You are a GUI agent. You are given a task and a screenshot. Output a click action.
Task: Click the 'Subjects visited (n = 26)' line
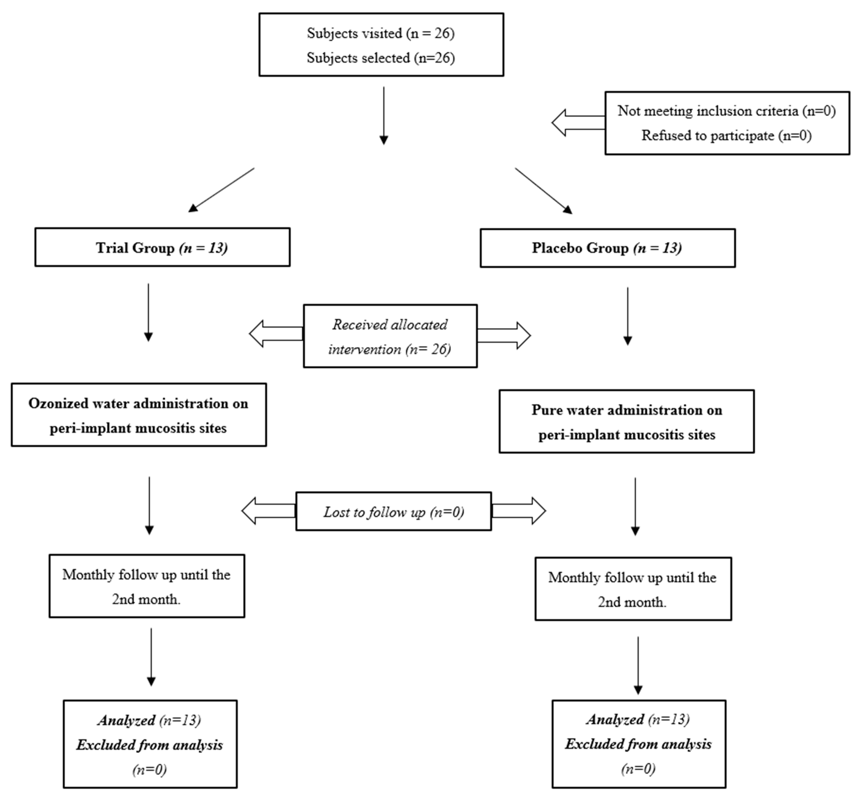[x=381, y=33]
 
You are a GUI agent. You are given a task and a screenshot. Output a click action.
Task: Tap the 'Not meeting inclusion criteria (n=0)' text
[x=726, y=111]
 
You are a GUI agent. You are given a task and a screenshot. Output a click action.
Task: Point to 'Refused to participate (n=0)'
[x=726, y=136]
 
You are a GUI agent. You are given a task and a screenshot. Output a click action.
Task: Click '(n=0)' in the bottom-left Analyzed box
[x=150, y=770]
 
